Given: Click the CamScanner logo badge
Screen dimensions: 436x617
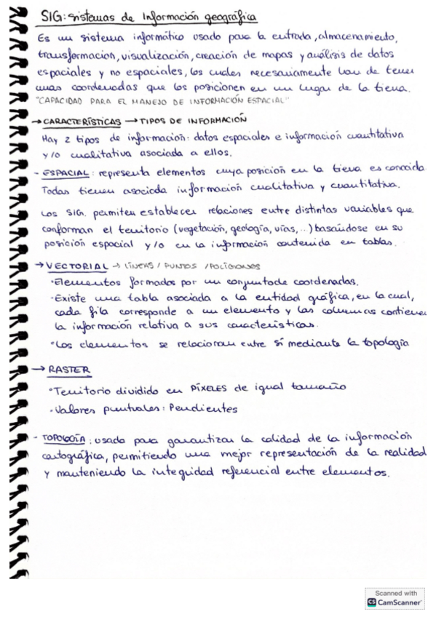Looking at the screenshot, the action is (395, 598).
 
